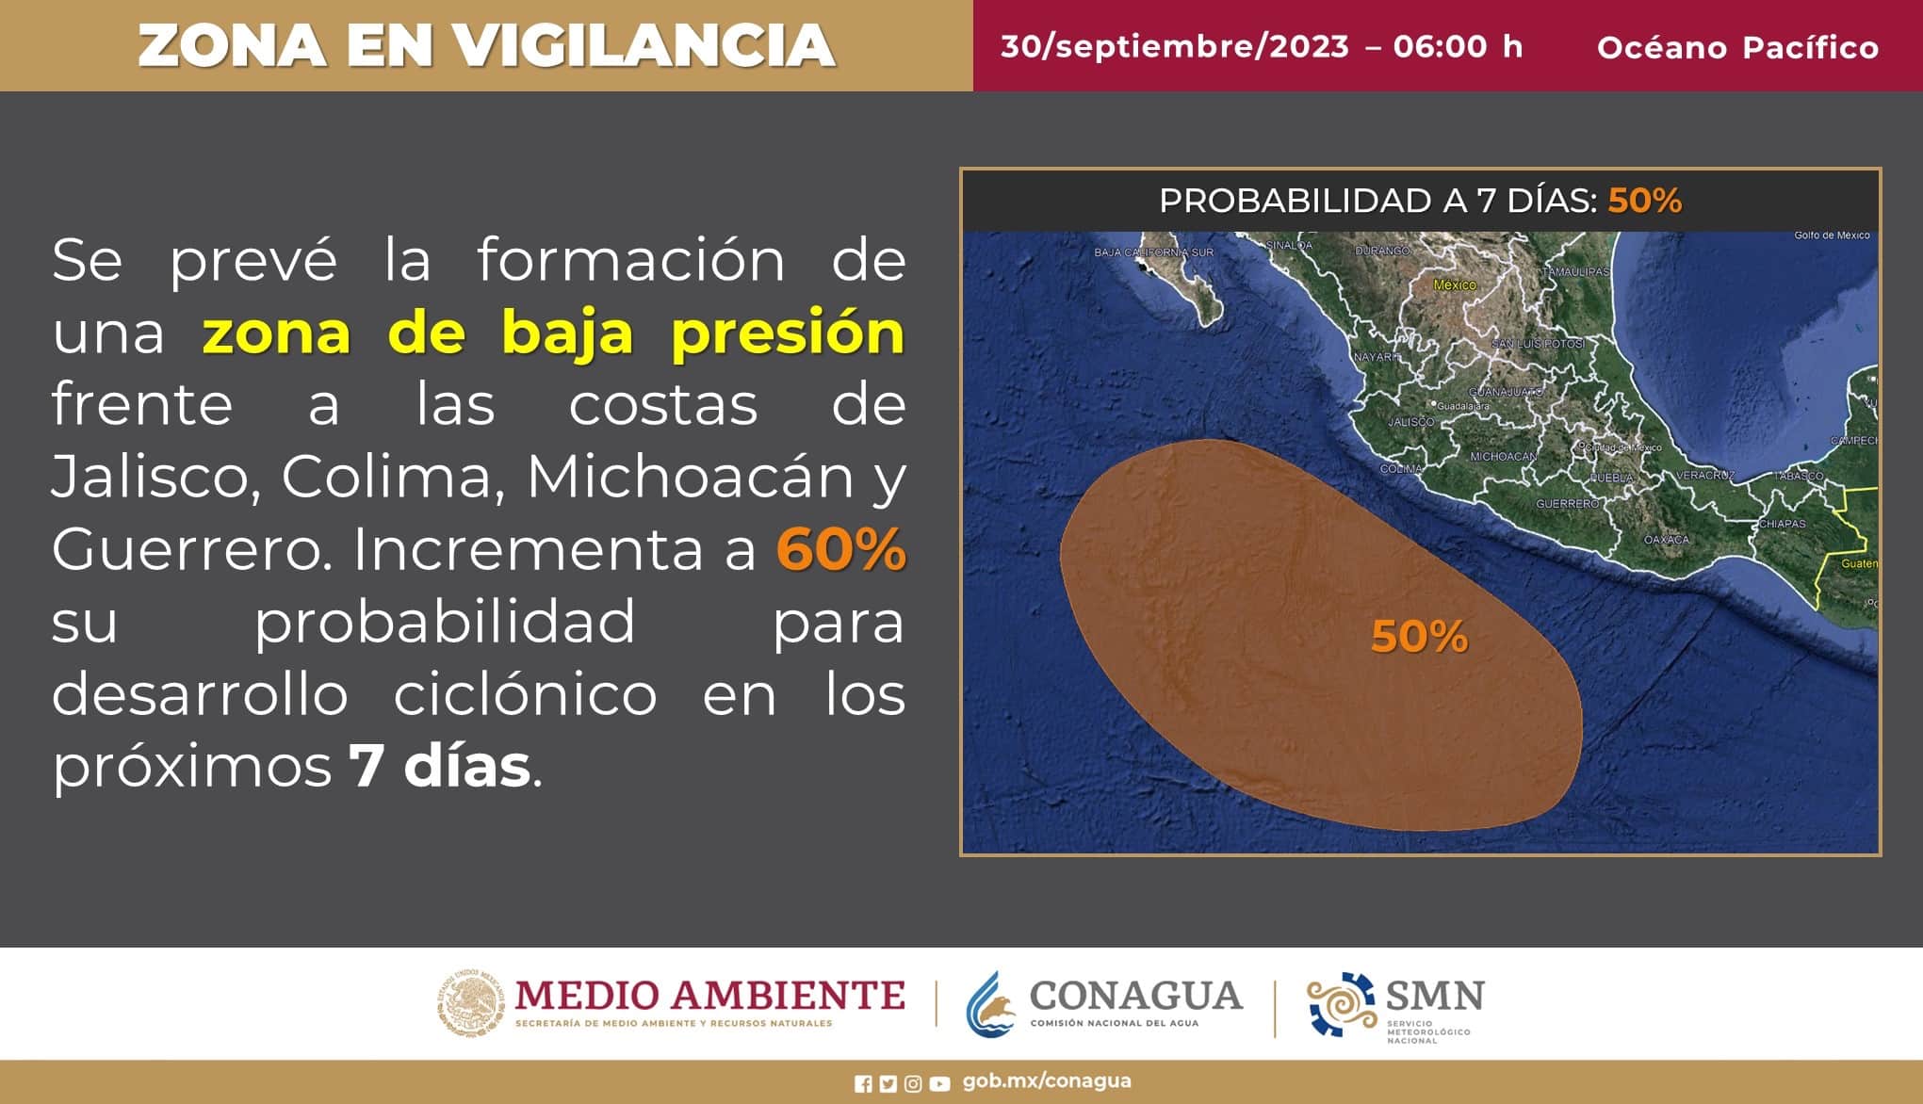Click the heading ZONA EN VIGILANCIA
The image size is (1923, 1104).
coord(486,45)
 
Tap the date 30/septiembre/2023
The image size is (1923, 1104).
coord(1174,46)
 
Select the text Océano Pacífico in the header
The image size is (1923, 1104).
coord(1737,47)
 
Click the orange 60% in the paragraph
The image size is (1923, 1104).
coord(840,550)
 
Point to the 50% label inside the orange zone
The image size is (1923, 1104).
coord(1419,638)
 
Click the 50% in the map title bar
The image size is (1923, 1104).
coord(1644,201)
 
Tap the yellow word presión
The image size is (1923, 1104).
coord(788,333)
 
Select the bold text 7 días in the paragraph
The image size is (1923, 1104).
coord(439,767)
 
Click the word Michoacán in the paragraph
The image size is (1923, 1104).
coord(690,478)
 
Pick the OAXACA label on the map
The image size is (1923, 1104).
coord(1667,540)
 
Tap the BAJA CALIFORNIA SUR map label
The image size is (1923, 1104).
coord(1153,252)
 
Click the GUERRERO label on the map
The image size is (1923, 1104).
coord(1567,504)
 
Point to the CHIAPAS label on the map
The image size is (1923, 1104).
coord(1782,524)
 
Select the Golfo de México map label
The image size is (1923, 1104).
coord(1832,235)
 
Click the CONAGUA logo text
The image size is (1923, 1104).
coord(1135,996)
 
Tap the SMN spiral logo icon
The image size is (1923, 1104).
coord(1341,1004)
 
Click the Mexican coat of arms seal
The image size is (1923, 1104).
coord(470,1003)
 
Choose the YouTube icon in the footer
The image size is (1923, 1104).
coord(939,1084)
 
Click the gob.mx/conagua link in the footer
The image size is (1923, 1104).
coord(1047,1081)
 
